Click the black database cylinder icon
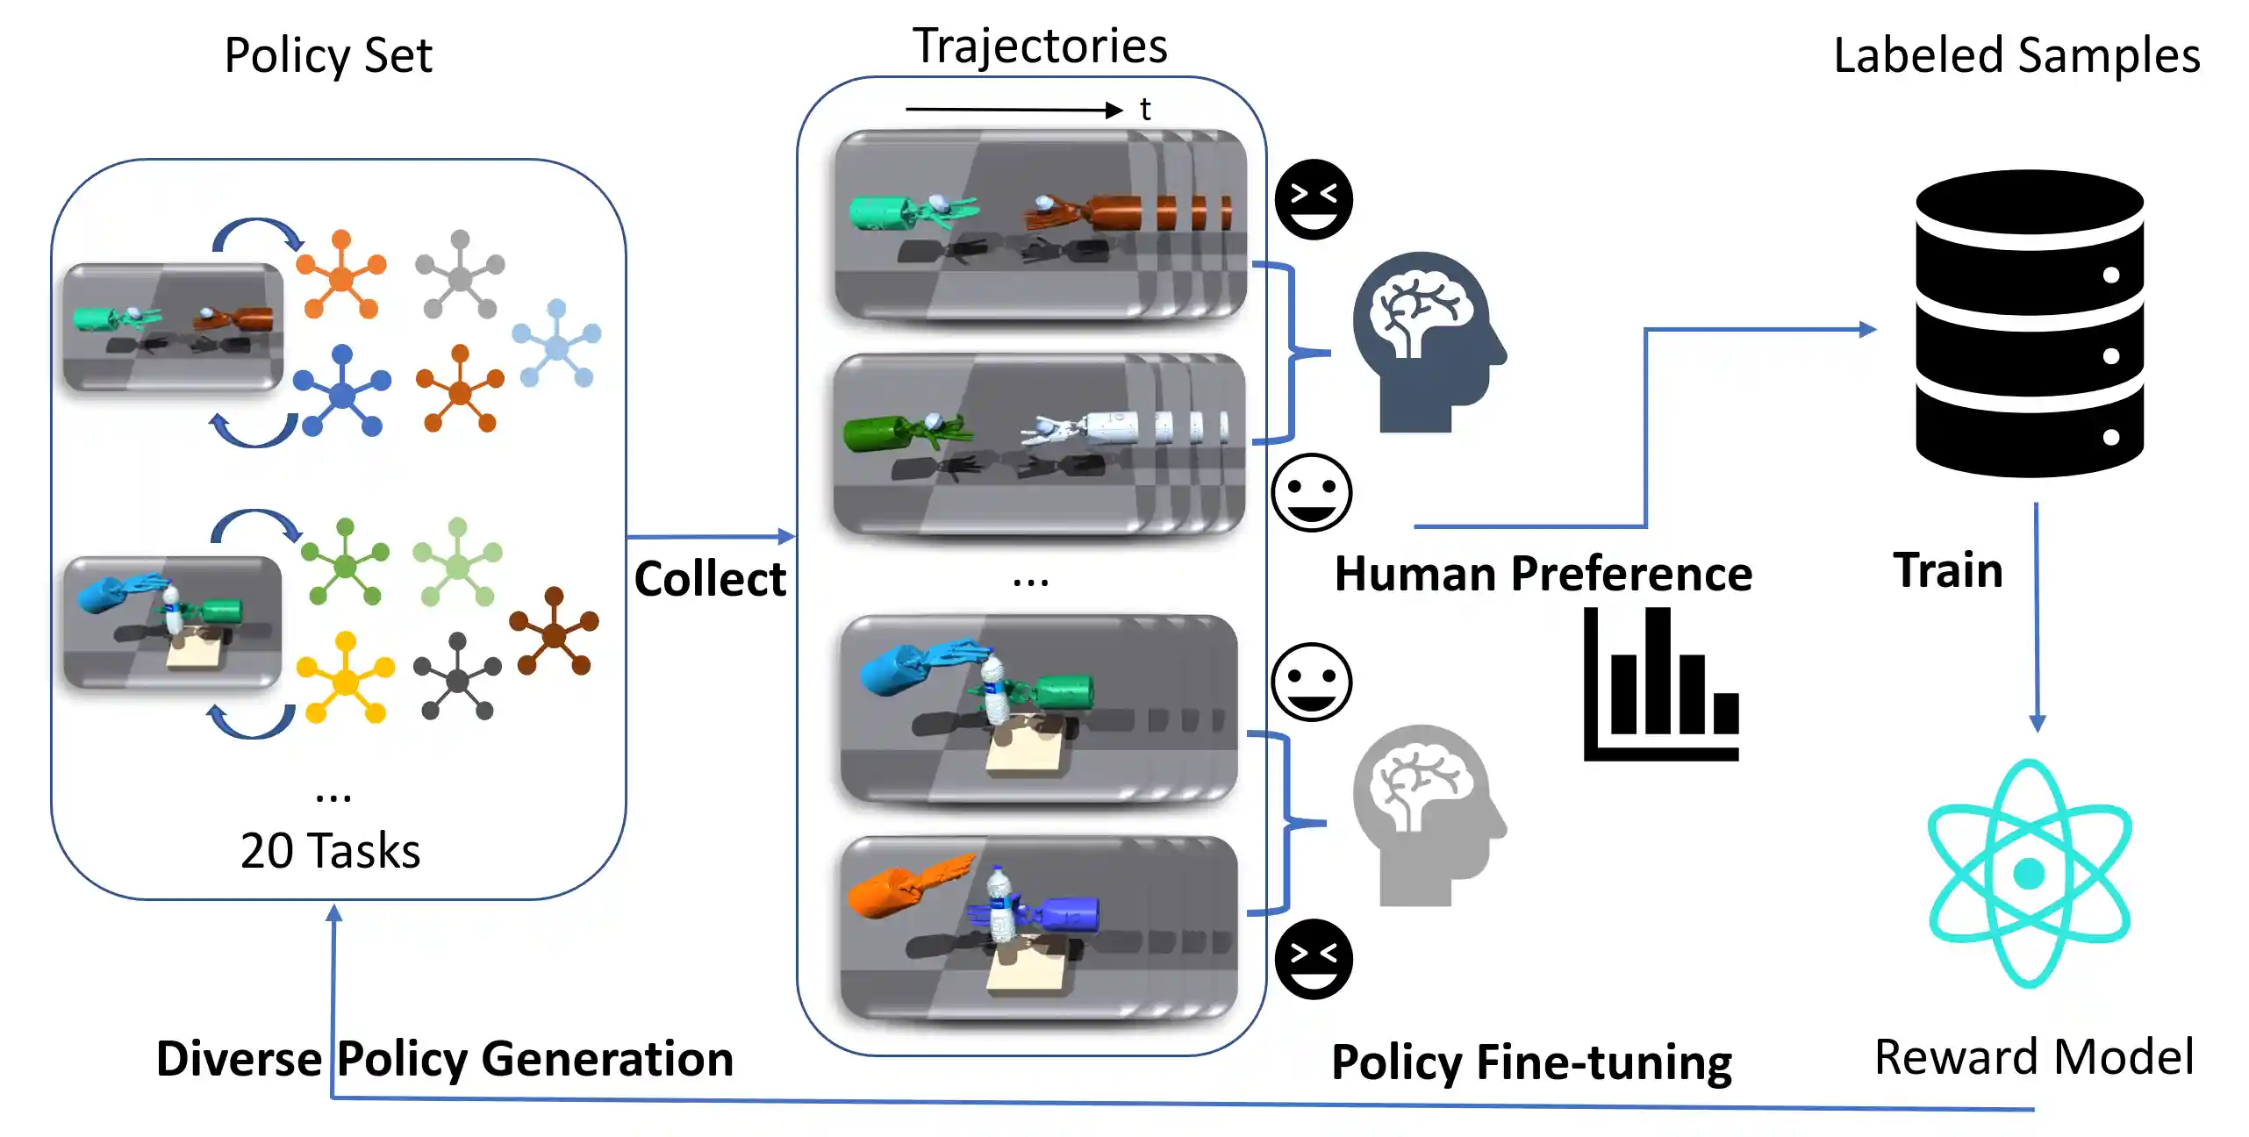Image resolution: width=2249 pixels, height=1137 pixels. point(2029,323)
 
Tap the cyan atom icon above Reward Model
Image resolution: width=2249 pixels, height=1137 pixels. point(2029,873)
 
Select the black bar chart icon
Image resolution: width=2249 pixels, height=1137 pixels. point(1661,684)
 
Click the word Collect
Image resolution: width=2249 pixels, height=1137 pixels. point(710,579)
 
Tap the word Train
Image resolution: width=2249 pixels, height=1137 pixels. point(1948,570)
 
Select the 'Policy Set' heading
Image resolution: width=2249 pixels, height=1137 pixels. point(328,55)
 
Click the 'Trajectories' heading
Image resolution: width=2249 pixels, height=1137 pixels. point(1040,46)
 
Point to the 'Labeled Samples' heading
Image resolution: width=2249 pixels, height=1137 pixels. point(2016,55)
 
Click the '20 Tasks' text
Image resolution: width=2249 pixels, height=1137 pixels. point(331,851)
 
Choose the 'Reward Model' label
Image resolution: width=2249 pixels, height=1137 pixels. point(2034,1056)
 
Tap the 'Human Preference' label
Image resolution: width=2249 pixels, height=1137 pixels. point(1543,575)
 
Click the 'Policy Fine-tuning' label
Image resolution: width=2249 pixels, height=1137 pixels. point(1531,1062)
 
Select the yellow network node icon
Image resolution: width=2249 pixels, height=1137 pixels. point(346,678)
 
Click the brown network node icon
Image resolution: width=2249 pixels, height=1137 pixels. point(554,632)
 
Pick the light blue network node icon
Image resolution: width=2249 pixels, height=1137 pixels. point(556,345)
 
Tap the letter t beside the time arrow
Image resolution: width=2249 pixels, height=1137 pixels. point(1145,110)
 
